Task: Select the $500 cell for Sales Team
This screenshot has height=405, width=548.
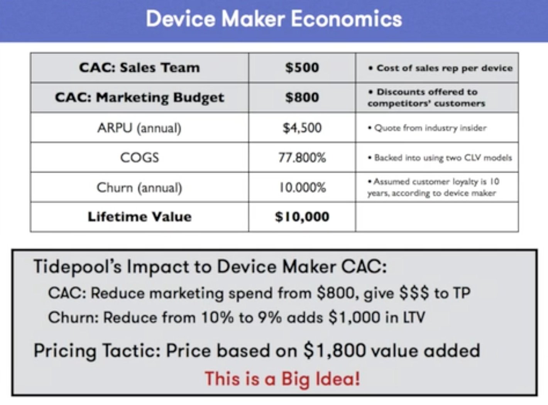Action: [x=302, y=68]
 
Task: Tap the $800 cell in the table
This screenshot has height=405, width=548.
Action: [x=302, y=98]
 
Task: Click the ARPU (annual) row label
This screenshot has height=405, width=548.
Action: [x=139, y=128]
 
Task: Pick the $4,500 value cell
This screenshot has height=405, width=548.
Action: [x=302, y=128]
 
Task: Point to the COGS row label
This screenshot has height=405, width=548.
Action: [x=139, y=157]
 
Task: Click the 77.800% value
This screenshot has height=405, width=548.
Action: [x=302, y=157]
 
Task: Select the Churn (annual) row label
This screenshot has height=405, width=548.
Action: [x=139, y=187]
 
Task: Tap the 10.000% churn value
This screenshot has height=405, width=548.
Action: [x=302, y=187]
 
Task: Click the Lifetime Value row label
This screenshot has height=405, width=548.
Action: [x=139, y=217]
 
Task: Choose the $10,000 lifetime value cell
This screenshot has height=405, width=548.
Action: [x=302, y=217]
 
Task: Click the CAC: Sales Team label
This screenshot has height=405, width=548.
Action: [x=139, y=68]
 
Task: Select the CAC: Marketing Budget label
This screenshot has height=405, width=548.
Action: [x=139, y=98]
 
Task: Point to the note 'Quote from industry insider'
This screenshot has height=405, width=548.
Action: [x=428, y=128]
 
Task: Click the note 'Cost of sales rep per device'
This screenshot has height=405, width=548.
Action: [x=442, y=68]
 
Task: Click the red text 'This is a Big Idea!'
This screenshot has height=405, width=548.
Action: [x=282, y=378]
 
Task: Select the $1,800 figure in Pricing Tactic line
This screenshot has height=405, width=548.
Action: [x=334, y=351]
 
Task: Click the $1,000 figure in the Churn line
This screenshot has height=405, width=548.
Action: [x=354, y=317]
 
